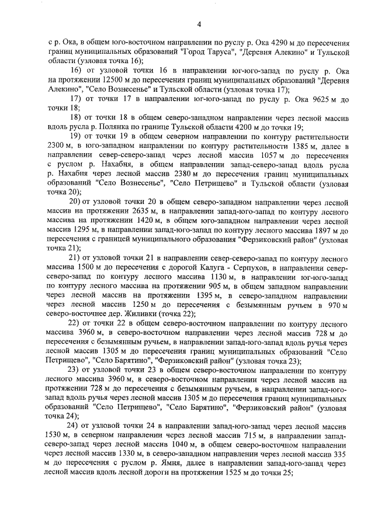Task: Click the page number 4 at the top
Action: click(x=199, y=24)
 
